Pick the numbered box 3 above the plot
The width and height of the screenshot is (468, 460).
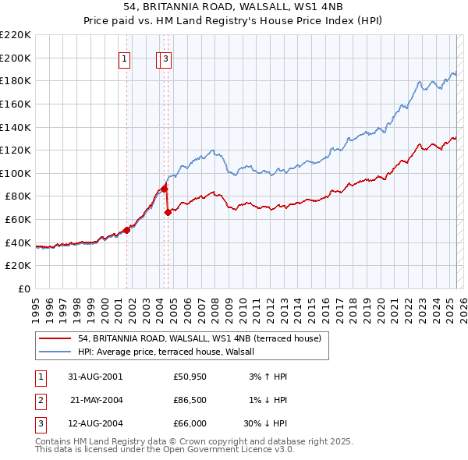coord(167,57)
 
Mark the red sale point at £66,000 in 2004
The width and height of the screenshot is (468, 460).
coord(168,212)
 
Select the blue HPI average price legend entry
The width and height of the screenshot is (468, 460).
coord(172,352)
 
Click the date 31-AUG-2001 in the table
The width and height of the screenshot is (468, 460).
coord(95,377)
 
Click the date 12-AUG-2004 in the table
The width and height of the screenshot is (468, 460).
coord(95,425)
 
